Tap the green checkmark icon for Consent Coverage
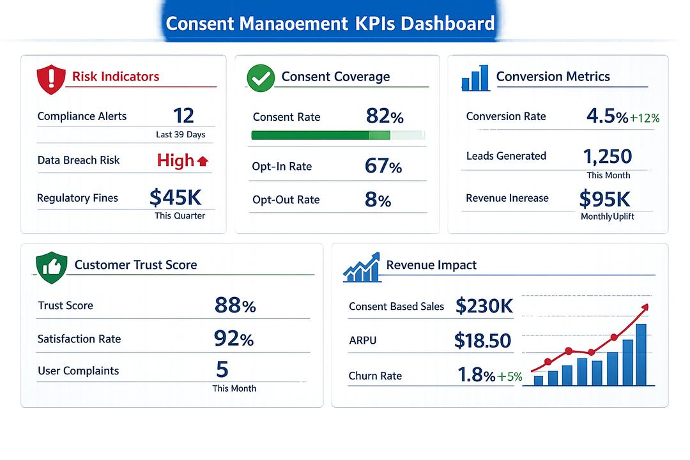click(x=261, y=78)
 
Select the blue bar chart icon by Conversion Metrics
click(x=475, y=78)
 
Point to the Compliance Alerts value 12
click(x=183, y=115)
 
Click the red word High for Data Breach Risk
click(x=175, y=161)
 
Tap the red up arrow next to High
click(x=203, y=162)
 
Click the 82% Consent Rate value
click(x=385, y=116)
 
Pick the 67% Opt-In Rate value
click(x=383, y=166)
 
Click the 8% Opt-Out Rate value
click(x=378, y=200)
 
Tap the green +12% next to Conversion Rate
click(x=644, y=118)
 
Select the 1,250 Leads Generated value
click(x=608, y=157)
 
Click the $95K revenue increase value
click(x=604, y=199)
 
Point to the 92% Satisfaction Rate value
click(x=234, y=338)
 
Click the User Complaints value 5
click(x=222, y=369)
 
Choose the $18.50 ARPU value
click(x=483, y=341)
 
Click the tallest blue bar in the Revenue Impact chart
click(x=641, y=355)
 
